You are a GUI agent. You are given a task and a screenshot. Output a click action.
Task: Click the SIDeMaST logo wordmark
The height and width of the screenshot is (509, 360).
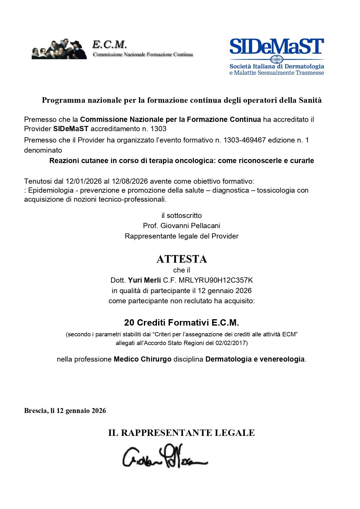click(x=276, y=46)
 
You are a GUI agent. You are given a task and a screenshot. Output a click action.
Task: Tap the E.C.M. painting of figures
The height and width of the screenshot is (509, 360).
click(x=59, y=49)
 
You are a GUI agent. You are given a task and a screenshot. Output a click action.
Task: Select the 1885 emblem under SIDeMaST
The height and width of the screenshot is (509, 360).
click(x=277, y=59)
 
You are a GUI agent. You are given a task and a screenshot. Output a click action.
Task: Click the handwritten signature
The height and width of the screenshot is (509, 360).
click(x=165, y=456)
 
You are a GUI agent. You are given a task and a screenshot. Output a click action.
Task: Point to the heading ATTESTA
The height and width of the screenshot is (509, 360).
click(x=182, y=259)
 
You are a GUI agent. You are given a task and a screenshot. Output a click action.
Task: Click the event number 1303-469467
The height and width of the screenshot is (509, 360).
click(x=245, y=140)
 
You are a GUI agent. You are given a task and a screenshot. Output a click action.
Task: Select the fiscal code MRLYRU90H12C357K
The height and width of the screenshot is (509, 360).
click(x=216, y=280)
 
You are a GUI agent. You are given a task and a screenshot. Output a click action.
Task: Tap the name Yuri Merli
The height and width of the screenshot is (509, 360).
click(x=144, y=280)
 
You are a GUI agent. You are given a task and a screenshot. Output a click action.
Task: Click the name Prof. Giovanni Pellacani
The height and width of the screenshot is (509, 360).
click(x=182, y=226)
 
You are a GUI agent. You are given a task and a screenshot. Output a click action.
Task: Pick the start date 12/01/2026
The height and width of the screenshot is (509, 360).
click(x=84, y=181)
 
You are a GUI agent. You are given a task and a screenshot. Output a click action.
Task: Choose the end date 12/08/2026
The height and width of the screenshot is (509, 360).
click(x=130, y=181)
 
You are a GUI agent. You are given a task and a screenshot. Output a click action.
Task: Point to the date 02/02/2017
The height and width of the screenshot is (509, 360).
click(x=230, y=343)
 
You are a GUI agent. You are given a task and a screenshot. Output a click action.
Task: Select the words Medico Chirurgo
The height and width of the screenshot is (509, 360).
click(x=142, y=359)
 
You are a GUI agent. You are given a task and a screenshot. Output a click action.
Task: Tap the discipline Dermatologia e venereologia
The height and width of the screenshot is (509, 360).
click(x=255, y=359)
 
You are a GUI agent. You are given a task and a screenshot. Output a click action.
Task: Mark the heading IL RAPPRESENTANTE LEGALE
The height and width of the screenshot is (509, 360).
click(x=182, y=433)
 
